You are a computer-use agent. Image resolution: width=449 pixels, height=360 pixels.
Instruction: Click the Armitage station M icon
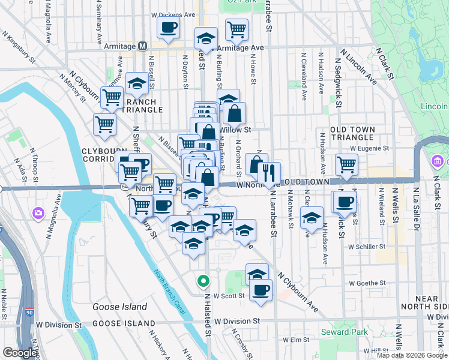click(143, 46)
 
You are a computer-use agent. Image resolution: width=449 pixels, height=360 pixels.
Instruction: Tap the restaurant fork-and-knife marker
click(269, 173)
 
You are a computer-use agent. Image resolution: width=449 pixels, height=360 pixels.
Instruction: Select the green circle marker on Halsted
click(203, 280)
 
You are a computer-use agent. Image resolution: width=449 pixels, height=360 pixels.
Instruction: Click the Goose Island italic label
click(119, 307)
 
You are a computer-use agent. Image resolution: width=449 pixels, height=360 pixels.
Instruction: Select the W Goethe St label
click(368, 283)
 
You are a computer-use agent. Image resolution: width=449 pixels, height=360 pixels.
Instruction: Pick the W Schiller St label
click(367, 247)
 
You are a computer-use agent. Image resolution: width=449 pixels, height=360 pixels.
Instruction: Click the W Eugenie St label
click(370, 148)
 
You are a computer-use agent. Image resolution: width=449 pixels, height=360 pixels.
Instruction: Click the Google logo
click(20, 353)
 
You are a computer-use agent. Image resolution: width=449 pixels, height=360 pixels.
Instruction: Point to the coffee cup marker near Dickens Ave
click(168, 26)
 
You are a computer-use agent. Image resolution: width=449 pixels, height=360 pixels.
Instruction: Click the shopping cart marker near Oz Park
click(237, 29)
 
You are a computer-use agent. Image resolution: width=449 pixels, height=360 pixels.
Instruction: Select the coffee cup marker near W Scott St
click(261, 290)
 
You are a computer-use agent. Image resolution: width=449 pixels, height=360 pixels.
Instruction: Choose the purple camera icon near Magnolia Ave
click(38, 213)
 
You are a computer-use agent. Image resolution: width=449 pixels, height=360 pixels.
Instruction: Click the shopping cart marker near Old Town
click(346, 164)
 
